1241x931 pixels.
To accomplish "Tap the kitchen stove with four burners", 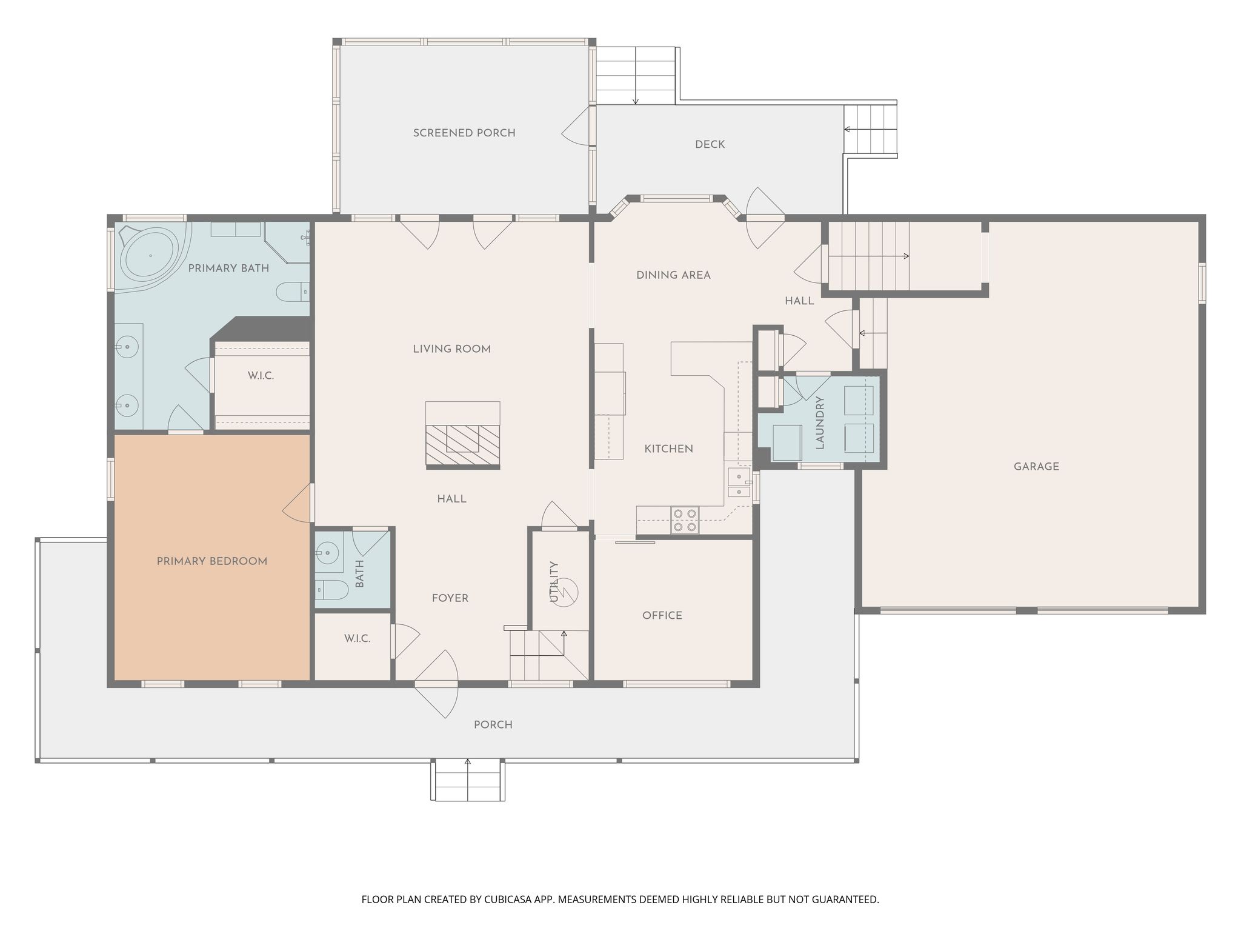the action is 685,521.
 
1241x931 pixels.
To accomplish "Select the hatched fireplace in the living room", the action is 463,445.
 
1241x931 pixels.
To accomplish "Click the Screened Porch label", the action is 464,133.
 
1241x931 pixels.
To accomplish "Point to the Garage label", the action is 1036,467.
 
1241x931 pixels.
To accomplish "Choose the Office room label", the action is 662,615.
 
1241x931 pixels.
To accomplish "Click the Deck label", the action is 710,144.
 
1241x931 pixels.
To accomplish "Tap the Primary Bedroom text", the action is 212,561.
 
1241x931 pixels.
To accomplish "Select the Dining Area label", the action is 673,275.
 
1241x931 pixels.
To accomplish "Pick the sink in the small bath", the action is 328,553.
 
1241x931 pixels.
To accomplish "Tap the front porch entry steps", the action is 468,780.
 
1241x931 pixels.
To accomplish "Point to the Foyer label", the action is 450,598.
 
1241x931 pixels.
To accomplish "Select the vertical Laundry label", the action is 820,422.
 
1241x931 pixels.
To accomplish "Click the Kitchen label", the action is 668,449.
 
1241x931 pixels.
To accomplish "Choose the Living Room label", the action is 451,349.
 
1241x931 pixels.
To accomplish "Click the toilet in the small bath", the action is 331,590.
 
